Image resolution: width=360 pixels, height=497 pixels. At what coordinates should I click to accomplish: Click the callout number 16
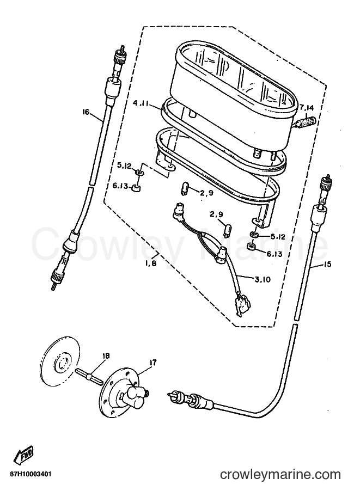coord(86,112)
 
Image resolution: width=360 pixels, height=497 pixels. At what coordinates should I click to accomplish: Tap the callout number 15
coord(327,263)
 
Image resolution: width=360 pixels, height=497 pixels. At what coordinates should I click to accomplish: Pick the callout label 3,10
coord(263,279)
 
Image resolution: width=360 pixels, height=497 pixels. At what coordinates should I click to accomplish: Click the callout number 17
coord(153,363)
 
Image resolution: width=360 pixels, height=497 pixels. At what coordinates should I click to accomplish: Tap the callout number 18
coord(106,356)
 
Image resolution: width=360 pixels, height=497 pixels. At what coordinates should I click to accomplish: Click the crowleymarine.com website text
coord(280,475)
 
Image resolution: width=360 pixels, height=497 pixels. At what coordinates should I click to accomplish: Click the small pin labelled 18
coord(89,376)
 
